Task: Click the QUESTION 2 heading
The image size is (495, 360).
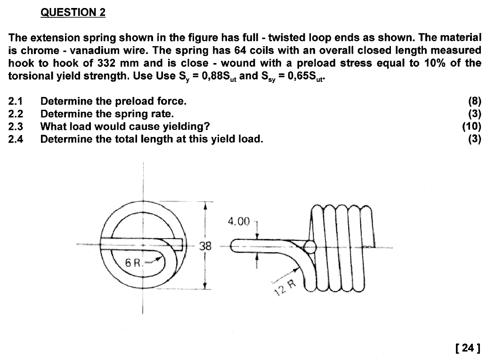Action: coord(73,13)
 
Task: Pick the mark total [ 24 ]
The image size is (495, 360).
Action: coord(468,348)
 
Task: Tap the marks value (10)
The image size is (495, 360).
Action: coord(471,126)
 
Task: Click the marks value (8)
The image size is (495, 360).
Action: coord(474,101)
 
